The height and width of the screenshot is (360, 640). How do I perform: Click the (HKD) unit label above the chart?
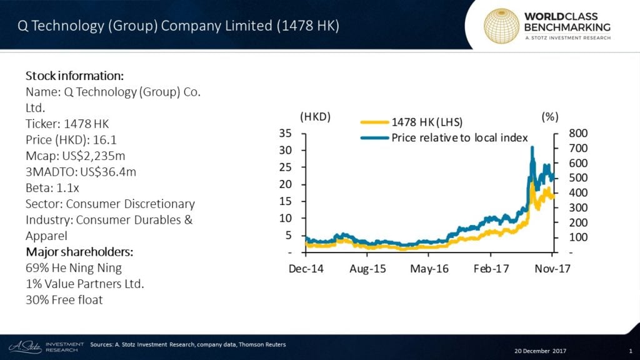pos(315,117)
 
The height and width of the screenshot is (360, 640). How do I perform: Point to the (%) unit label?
pos(549,117)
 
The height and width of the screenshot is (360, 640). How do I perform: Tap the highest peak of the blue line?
pos(532,148)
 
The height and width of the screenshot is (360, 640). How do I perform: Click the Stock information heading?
pos(74,76)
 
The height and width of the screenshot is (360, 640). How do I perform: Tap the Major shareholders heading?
pos(79,252)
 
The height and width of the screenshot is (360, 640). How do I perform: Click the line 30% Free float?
pos(64,299)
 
